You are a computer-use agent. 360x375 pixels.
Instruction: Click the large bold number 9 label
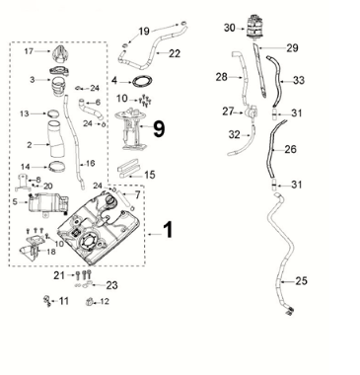coord(159,128)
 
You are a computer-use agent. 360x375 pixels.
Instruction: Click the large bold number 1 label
coord(168,230)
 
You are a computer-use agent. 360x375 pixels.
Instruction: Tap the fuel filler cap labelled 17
coord(60,54)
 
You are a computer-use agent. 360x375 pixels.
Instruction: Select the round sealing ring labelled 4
coord(142,81)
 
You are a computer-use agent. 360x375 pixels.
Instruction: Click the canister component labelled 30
coord(254,27)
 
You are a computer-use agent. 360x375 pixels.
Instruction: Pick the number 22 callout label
coord(175,53)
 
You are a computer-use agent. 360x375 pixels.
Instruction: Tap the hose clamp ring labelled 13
coord(53,113)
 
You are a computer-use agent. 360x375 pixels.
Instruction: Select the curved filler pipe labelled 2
coord(57,139)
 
